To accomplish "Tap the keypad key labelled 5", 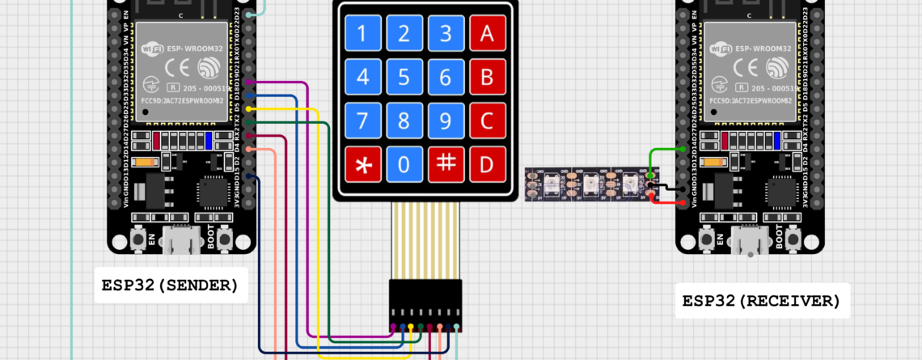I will [404, 78].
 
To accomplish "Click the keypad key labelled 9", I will [446, 121].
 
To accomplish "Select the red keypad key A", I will [487, 34].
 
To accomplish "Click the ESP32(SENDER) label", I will [170, 285].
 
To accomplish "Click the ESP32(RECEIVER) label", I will [761, 301].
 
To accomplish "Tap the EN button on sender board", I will [139, 240].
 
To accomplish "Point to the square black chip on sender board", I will [214, 192].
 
